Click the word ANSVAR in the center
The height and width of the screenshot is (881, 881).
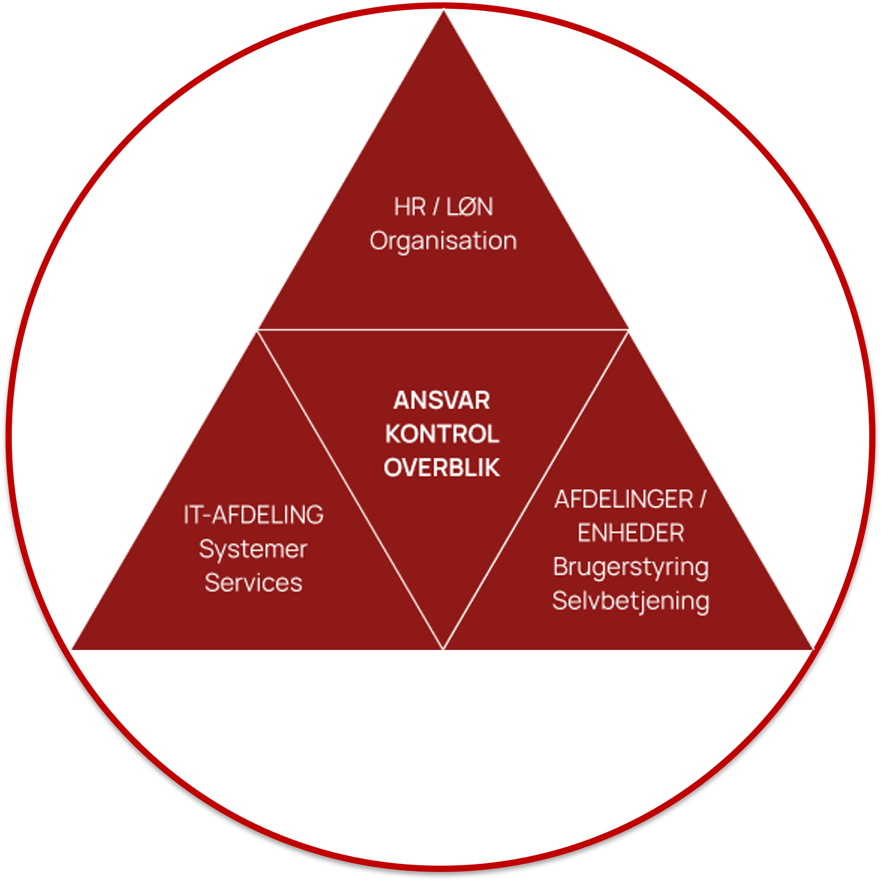click(x=442, y=400)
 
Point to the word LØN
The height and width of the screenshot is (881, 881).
click(x=470, y=207)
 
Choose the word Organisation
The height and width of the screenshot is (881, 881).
click(x=443, y=241)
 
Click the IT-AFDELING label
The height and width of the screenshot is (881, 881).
click(x=253, y=515)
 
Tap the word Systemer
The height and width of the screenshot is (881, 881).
click(x=253, y=550)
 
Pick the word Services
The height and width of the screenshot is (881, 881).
click(x=253, y=583)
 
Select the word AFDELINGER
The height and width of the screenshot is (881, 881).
click(x=624, y=499)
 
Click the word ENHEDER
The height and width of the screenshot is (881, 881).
click(x=631, y=533)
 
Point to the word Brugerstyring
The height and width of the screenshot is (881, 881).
click(x=631, y=568)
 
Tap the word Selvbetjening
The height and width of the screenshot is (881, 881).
click(x=631, y=601)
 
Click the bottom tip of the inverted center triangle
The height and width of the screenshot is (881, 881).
click(x=443, y=647)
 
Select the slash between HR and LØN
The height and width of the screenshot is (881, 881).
click(x=436, y=207)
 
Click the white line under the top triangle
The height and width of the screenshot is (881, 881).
click(x=443, y=329)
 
